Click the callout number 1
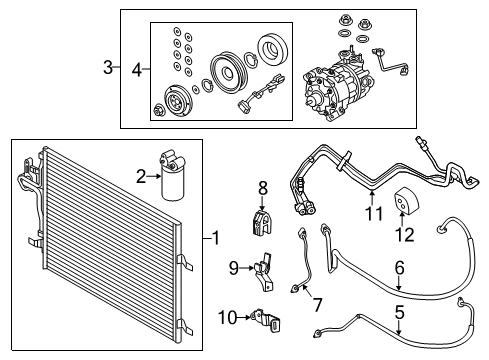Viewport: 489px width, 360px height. coord(215,238)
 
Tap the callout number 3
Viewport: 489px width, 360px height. coord(108,68)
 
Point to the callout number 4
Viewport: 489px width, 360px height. coord(136,68)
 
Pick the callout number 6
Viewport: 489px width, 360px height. coord(399,268)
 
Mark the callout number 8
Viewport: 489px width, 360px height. coord(263,187)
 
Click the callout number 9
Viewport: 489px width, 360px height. coord(233,267)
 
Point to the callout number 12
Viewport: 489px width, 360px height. coord(406,236)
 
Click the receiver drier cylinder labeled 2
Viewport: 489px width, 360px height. coord(172,178)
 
